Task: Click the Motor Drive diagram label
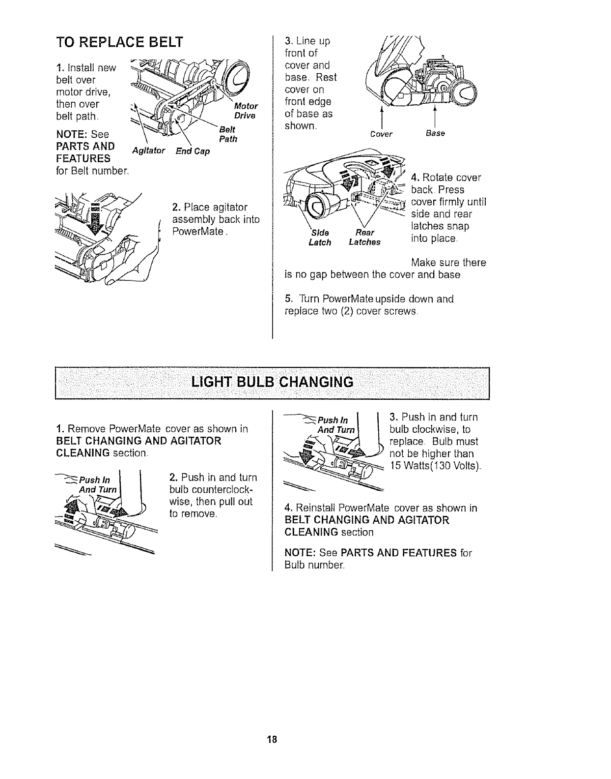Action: tap(245, 111)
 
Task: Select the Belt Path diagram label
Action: tap(227, 134)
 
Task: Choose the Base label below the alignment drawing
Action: tap(435, 133)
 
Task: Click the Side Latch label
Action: tap(320, 237)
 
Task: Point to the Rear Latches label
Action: tap(364, 237)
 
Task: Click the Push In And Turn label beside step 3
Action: tap(333, 424)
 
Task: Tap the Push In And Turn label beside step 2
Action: tap(98, 484)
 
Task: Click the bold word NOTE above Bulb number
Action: tap(300, 553)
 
